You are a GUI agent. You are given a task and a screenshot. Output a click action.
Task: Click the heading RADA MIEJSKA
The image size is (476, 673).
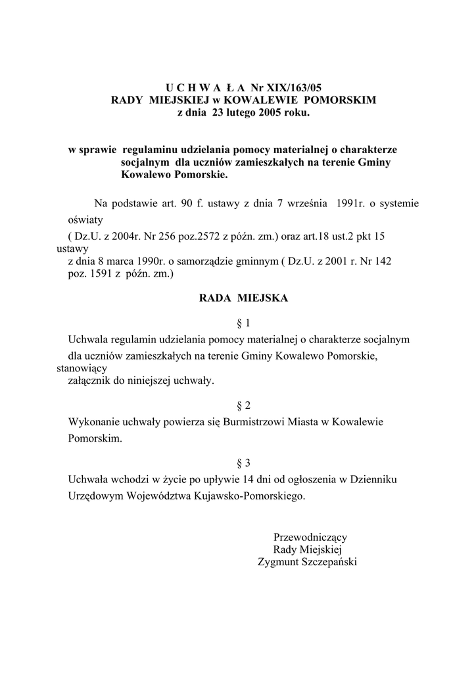point(243,298)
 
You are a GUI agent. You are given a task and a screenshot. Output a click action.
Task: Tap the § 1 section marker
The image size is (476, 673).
point(243,323)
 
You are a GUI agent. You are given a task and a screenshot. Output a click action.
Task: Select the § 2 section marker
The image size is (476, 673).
point(243,405)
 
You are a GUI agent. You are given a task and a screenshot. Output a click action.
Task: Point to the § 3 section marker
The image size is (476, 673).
point(243,462)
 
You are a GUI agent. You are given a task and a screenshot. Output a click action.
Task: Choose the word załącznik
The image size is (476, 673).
point(93,381)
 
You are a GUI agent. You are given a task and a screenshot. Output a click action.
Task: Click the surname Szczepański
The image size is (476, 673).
point(326,562)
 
